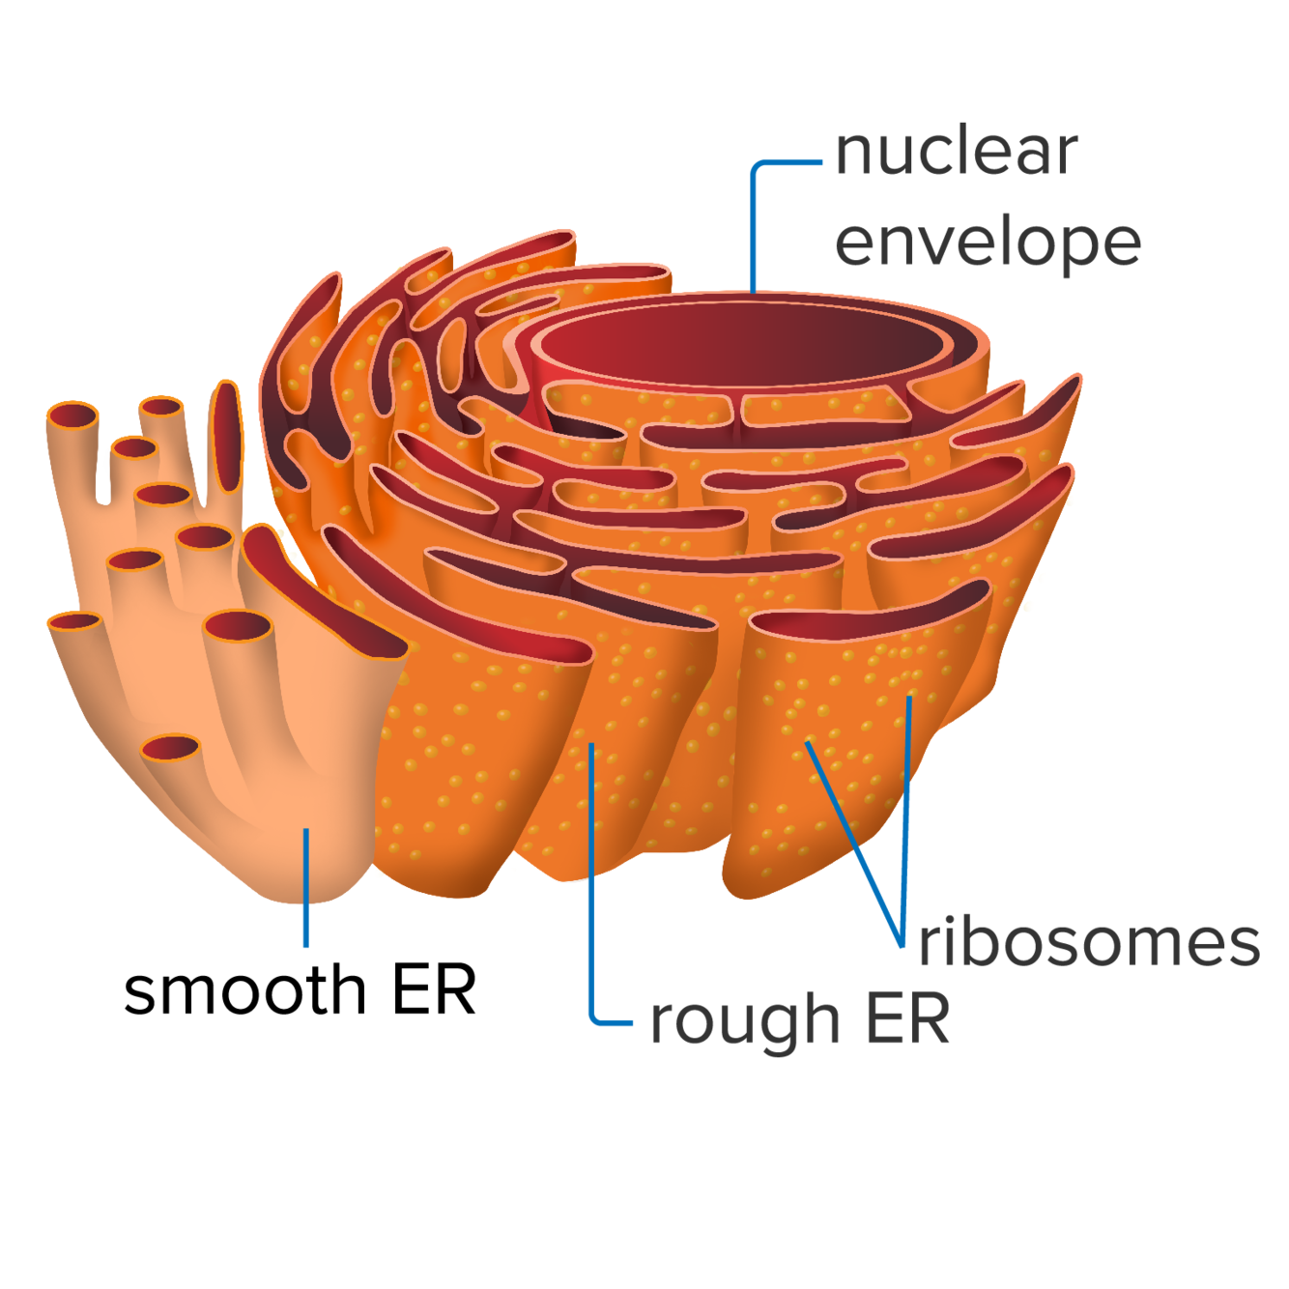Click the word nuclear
[956, 153]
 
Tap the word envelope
[987, 243]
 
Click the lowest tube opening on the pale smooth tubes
[171, 747]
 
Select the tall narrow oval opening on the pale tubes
[226, 436]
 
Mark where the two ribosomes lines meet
[902, 942]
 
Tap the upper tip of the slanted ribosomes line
[809, 744]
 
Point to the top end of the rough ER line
[591, 747]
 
